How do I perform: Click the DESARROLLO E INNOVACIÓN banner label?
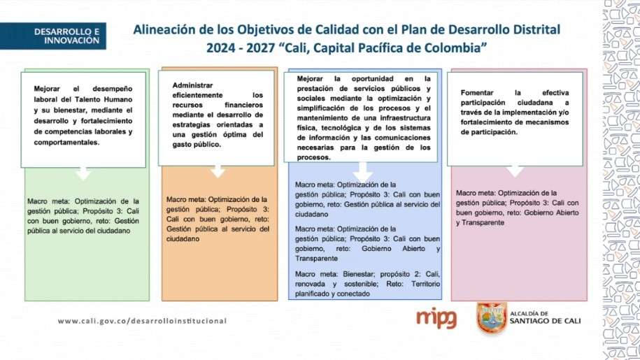(x=66, y=36)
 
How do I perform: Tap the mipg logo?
(x=436, y=318)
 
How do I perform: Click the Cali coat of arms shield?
(x=492, y=317)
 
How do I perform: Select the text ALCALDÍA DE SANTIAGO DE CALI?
(x=545, y=317)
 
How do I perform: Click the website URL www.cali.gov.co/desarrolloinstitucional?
(x=142, y=321)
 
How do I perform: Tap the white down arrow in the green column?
(x=83, y=173)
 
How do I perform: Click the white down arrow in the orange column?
(x=218, y=171)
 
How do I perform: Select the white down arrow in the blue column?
(x=362, y=172)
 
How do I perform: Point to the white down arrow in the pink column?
(x=515, y=171)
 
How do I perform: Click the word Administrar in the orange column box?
(x=192, y=85)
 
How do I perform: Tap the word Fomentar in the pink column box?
(x=477, y=92)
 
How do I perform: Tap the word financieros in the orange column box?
(x=243, y=105)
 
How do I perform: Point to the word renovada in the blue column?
(x=310, y=284)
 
